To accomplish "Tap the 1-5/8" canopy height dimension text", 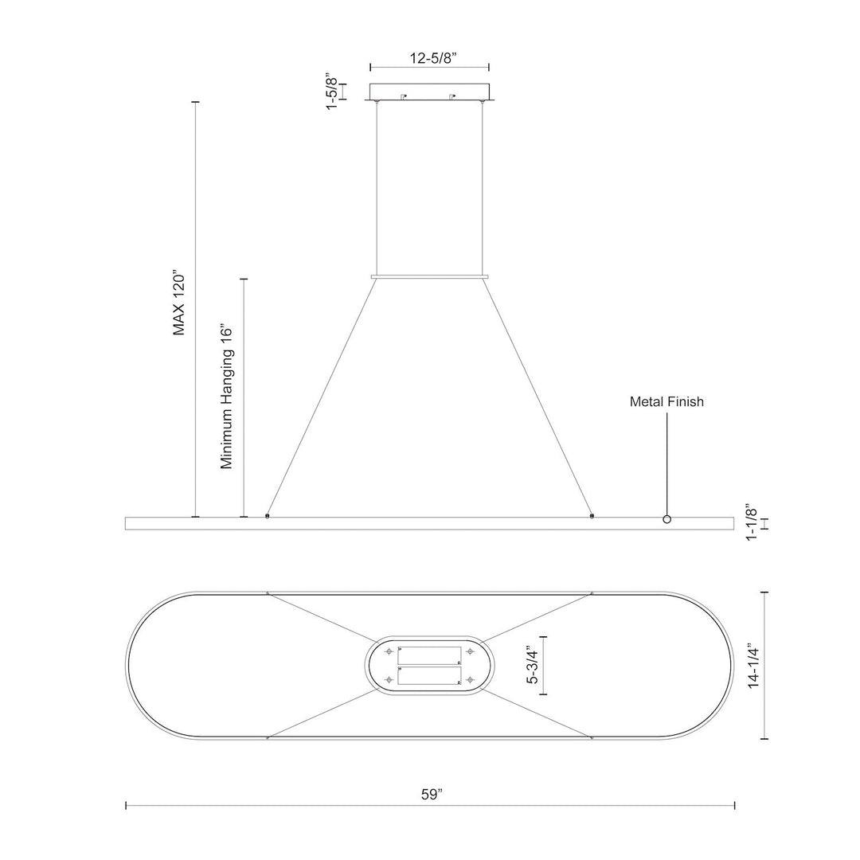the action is [332, 91].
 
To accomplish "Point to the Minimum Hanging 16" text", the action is [227, 397].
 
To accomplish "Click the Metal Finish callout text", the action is [666, 401].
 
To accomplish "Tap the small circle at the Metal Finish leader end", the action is [667, 519].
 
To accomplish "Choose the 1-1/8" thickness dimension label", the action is [752, 522].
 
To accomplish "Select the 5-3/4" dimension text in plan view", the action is [532, 666].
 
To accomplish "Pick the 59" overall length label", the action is [432, 794].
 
